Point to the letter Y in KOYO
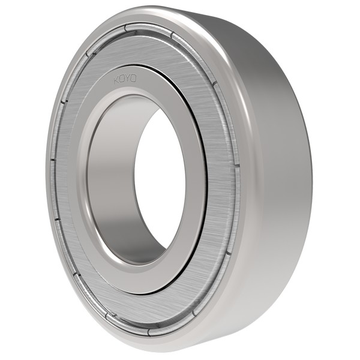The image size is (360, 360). (x=128, y=77)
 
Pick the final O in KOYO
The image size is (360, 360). (x=134, y=77)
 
